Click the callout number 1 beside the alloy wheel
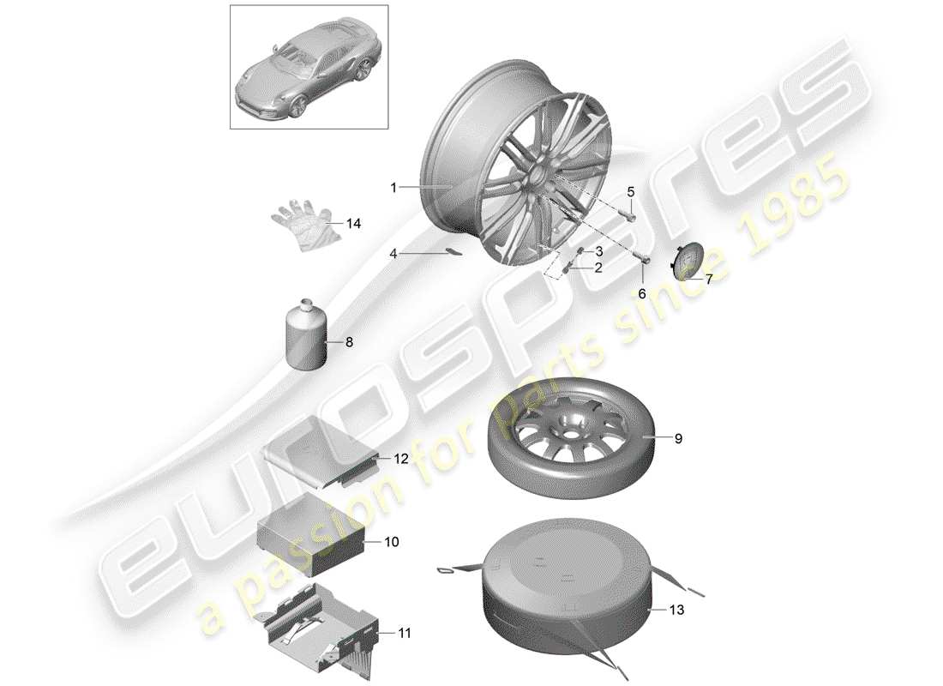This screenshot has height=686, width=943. tap(393, 186)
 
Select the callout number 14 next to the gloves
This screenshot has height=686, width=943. tap(354, 224)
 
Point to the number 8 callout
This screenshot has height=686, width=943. tap(349, 341)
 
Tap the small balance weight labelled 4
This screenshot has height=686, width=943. tap(452, 252)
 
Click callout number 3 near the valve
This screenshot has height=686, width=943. tap(599, 251)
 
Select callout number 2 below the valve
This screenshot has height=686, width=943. tap(598, 268)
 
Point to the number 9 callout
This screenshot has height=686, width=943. tap(677, 439)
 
